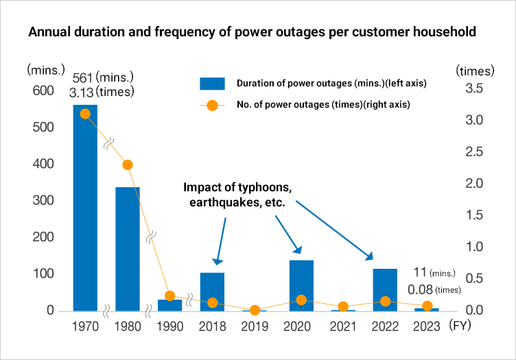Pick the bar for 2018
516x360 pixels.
[213, 291]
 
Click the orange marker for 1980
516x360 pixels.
[128, 165]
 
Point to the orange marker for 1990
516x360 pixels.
[170, 296]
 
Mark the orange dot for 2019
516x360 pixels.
[255, 310]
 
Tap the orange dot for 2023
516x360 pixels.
[427, 306]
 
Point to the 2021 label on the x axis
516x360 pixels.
[342, 327]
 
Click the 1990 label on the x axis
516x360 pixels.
[170, 327]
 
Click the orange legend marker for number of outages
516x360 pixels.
[212, 106]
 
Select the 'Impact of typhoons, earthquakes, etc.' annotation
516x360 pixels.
[238, 195]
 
